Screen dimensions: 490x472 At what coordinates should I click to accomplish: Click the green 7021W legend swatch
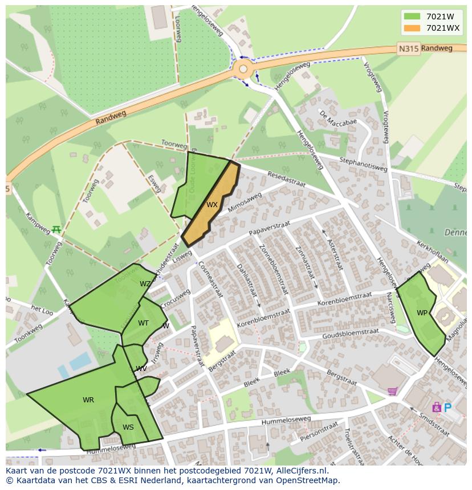pos(412,17)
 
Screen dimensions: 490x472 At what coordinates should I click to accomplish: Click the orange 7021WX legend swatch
pos(412,28)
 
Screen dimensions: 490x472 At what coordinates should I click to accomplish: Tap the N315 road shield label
pos(408,49)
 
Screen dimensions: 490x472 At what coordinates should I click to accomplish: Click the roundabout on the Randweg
pos(243,69)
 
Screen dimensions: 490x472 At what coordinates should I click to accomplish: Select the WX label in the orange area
pos(212,205)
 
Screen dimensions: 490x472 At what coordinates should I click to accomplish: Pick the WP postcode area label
pos(422,313)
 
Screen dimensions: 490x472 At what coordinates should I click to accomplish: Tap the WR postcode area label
pos(88,400)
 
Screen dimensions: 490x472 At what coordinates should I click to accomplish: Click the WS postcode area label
pos(128,427)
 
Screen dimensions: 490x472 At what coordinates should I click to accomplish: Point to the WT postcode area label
pos(143,323)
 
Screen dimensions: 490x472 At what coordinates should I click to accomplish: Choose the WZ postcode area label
pos(145,284)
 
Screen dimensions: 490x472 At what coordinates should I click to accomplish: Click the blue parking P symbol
pos(447,407)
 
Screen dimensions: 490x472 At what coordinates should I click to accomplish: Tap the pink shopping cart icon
pos(392,391)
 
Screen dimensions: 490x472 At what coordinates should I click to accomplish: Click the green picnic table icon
pos(56,229)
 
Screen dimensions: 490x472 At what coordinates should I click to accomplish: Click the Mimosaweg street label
pos(245,202)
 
